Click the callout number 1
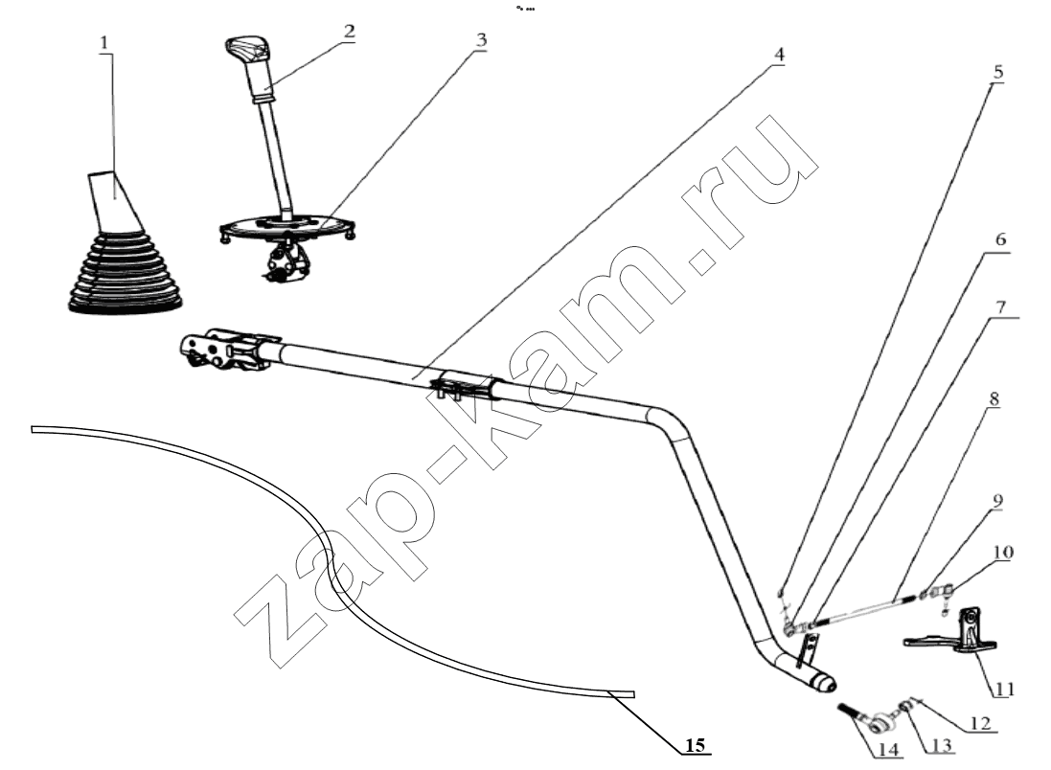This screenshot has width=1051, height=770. [x=103, y=43]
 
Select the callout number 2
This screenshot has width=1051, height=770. [x=349, y=31]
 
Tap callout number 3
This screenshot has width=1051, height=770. [x=481, y=40]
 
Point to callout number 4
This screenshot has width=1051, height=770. [x=778, y=55]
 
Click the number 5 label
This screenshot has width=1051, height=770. [x=998, y=72]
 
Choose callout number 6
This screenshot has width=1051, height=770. [x=1000, y=239]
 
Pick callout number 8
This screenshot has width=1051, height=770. [x=994, y=399]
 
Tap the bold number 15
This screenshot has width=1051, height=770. [x=696, y=744]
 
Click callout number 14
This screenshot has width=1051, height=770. [x=888, y=749]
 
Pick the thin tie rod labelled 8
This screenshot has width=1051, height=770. [x=865, y=610]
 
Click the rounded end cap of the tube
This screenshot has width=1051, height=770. [x=825, y=682]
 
